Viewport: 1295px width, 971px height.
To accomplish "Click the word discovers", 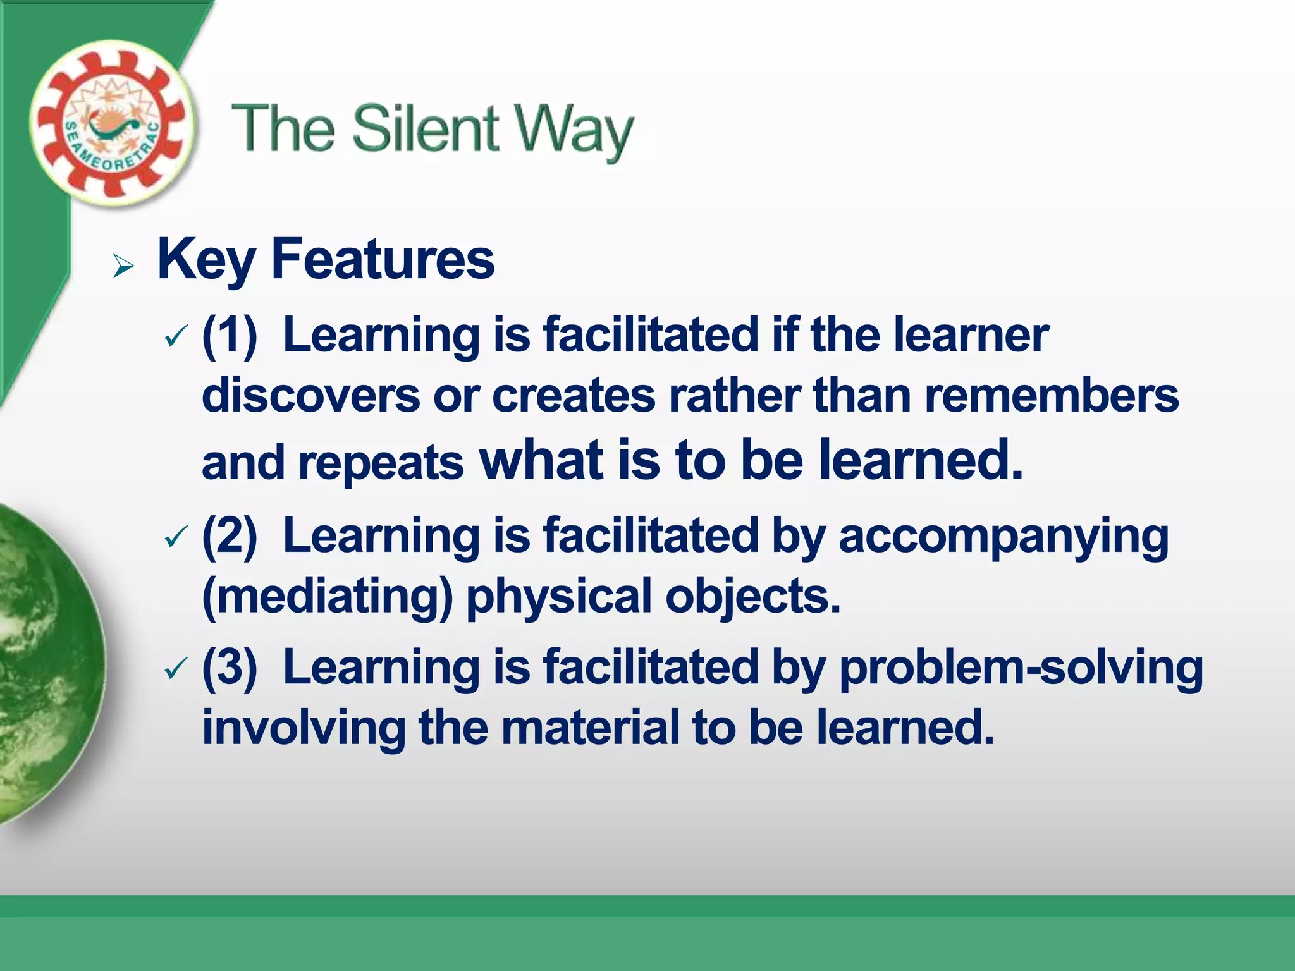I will coord(310,396).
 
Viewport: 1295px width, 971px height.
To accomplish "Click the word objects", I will coord(752,596).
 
